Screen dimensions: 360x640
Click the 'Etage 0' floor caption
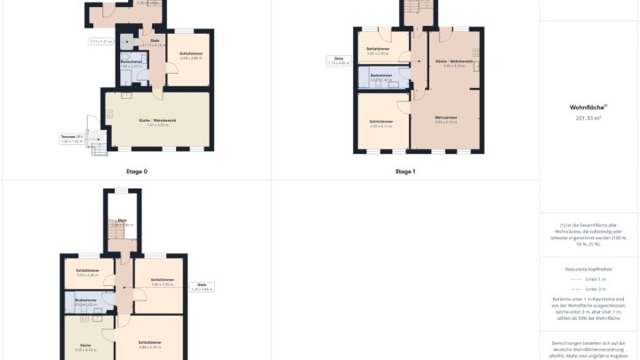[x=135, y=171]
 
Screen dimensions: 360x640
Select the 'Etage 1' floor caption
[x=404, y=171]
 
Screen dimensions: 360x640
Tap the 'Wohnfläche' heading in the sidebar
[x=588, y=107]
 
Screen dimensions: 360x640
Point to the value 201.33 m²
[x=588, y=117]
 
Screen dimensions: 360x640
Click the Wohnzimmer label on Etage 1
[x=446, y=119]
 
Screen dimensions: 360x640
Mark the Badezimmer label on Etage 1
[x=381, y=76]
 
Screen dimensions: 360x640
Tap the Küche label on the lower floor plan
[x=85, y=346]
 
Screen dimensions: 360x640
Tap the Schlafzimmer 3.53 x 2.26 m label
[x=87, y=272]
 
